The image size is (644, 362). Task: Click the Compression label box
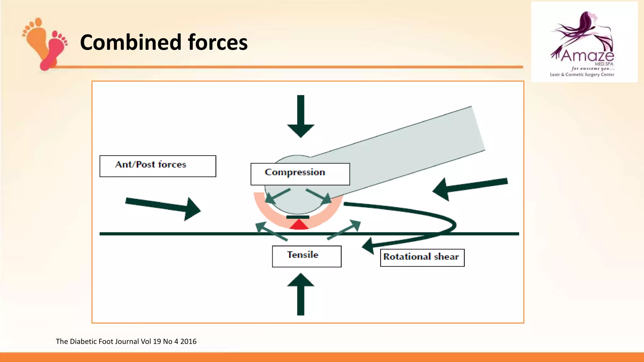click(x=300, y=174)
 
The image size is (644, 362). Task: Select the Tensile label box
click(x=307, y=256)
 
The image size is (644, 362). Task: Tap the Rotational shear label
click(x=422, y=257)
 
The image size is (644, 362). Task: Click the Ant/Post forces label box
click(x=158, y=166)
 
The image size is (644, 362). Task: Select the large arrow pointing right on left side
click(x=164, y=208)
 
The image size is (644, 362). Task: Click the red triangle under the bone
click(x=299, y=225)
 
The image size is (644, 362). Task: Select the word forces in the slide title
click(x=218, y=42)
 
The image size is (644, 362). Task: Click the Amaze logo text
click(x=587, y=56)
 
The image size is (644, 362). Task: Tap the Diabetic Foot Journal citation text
click(x=126, y=342)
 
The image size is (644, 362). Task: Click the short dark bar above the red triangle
click(x=297, y=217)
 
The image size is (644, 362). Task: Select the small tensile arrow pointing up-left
click(x=270, y=231)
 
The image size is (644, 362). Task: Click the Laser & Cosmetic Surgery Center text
click(x=582, y=75)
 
